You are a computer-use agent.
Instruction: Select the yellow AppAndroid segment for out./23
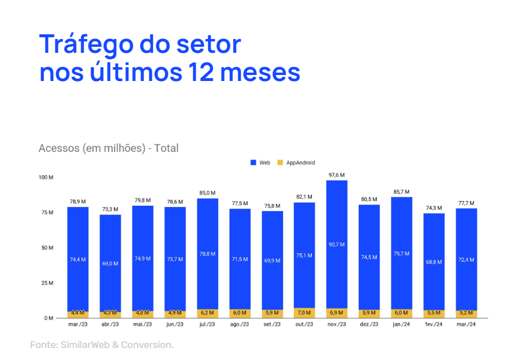tap(305, 313)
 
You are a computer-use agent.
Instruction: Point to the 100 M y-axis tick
tap(46, 178)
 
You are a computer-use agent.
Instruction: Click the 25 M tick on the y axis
tap(47, 283)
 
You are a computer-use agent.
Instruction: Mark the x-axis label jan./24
tap(402, 325)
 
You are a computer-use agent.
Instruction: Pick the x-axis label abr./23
tap(110, 325)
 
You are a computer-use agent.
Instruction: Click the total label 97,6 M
tap(337, 175)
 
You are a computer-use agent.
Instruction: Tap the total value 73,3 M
tap(110, 209)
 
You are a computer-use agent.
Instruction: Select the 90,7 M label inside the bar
tap(337, 244)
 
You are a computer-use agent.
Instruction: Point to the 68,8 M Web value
tap(434, 262)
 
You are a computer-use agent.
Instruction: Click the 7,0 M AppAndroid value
tap(305, 313)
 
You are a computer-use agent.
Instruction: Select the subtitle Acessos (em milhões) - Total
tap(109, 148)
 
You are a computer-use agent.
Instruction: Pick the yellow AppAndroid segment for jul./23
tap(208, 313)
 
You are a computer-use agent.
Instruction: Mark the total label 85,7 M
tap(402, 192)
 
